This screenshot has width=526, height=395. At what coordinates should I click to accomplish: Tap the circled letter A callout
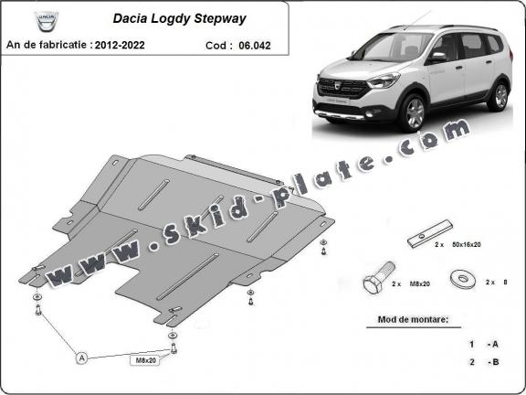(x=82, y=358)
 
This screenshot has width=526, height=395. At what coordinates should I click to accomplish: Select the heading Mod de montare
(x=412, y=320)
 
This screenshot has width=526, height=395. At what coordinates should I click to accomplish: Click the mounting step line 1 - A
(x=483, y=344)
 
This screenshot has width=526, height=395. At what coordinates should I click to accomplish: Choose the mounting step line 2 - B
(x=483, y=362)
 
